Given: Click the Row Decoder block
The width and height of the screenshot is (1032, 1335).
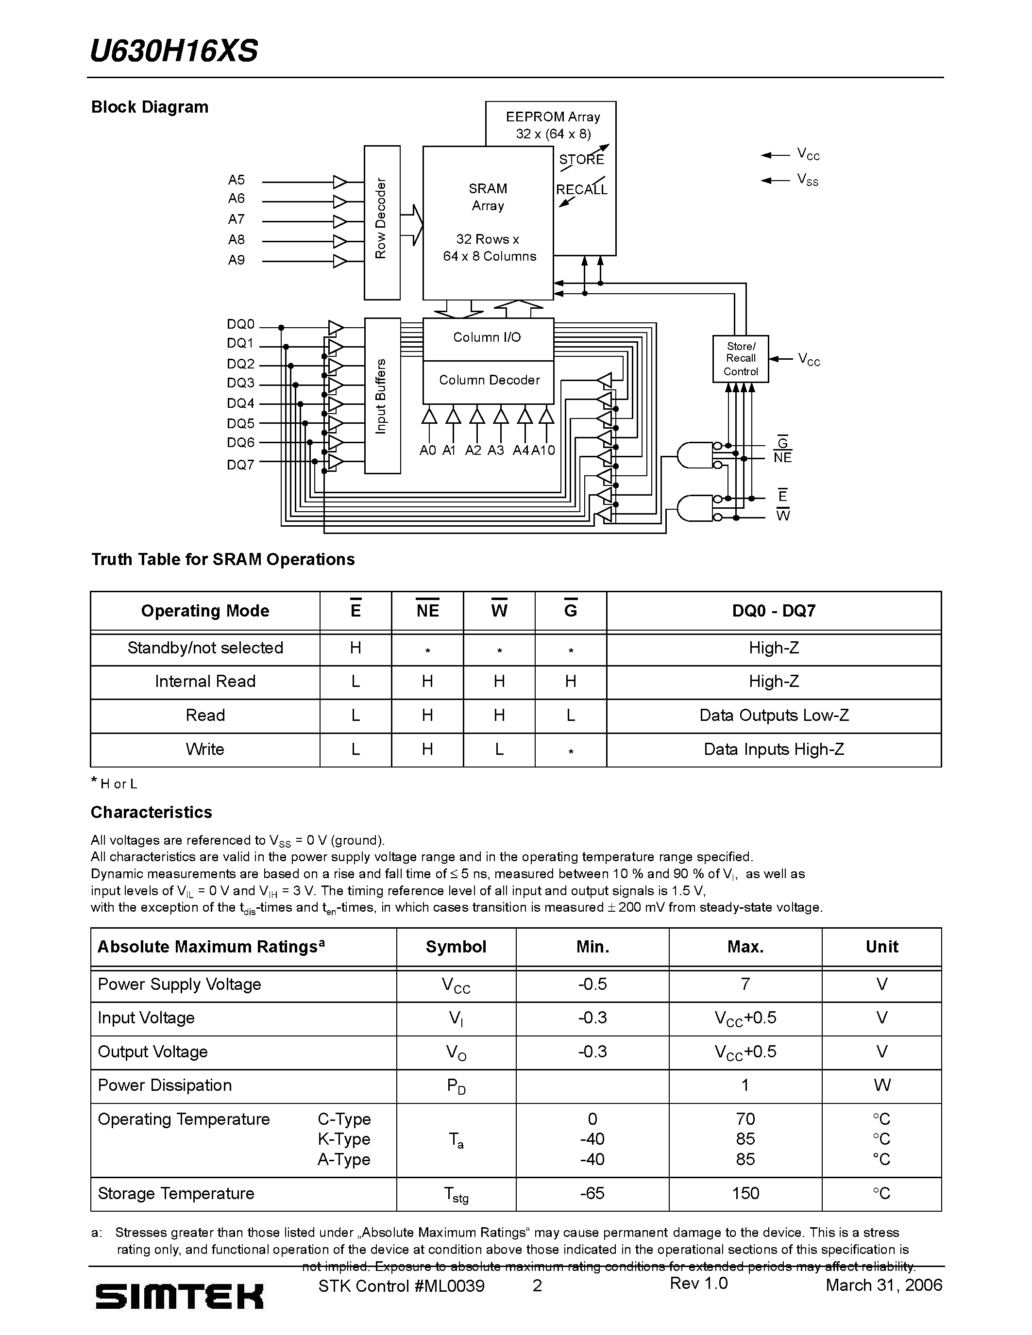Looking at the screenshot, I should click(x=382, y=222).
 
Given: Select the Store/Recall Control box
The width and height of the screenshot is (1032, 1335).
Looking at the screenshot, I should click(x=741, y=359).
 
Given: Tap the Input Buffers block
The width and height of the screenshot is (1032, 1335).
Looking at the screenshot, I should click(x=382, y=396).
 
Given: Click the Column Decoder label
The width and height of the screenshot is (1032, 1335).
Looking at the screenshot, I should click(x=489, y=380).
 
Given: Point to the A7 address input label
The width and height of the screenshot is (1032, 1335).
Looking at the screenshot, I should click(x=236, y=219).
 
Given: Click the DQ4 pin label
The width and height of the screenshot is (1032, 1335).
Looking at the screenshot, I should click(x=240, y=403).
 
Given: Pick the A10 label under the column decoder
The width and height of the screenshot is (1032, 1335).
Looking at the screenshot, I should click(x=543, y=451).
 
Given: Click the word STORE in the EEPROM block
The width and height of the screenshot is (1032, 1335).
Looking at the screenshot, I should click(x=581, y=160).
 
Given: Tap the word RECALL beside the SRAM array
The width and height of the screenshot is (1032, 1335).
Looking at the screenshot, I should click(x=581, y=189).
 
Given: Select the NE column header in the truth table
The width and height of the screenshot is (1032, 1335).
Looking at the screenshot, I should click(x=427, y=611).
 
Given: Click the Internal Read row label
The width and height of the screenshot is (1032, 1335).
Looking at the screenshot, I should click(x=205, y=682).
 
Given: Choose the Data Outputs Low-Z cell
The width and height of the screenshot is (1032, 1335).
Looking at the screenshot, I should click(x=773, y=715).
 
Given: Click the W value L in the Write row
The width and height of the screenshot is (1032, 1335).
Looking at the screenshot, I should click(x=499, y=750).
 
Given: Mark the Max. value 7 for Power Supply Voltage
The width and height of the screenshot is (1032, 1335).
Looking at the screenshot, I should click(x=744, y=984).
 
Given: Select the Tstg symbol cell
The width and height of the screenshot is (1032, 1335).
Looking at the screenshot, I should click(x=456, y=1194).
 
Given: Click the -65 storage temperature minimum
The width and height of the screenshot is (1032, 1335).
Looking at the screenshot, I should click(x=592, y=1193).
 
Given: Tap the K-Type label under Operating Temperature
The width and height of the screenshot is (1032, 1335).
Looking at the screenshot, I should click(x=343, y=1139).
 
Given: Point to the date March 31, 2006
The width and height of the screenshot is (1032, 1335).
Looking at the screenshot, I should click(x=883, y=1285).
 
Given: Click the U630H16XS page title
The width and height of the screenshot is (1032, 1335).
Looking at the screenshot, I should click(x=174, y=51).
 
